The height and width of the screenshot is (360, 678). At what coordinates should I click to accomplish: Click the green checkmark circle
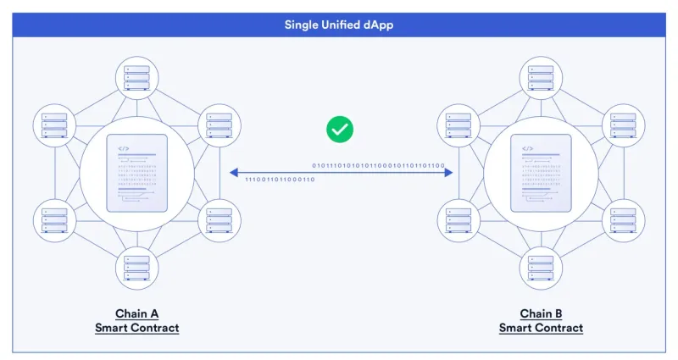(340, 130)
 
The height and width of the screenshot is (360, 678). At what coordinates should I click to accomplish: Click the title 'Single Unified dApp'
(338, 25)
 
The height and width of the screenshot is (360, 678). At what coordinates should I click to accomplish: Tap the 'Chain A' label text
(136, 313)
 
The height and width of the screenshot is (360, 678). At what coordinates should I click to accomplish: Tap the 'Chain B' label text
(541, 313)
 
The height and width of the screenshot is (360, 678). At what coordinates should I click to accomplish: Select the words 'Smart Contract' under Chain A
(136, 328)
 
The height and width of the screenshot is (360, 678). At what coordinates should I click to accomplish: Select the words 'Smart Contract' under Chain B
(541, 328)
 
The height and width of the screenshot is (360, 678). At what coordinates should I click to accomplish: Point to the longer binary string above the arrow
(378, 165)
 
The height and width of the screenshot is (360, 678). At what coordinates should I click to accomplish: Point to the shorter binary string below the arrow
(279, 180)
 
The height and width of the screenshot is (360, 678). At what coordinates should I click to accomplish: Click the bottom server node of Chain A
(136, 269)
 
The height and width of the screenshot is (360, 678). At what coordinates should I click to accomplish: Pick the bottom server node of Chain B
(541, 269)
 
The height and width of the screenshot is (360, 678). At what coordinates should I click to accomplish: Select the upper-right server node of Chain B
(622, 125)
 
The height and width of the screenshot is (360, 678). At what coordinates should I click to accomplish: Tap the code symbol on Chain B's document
(527, 148)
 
